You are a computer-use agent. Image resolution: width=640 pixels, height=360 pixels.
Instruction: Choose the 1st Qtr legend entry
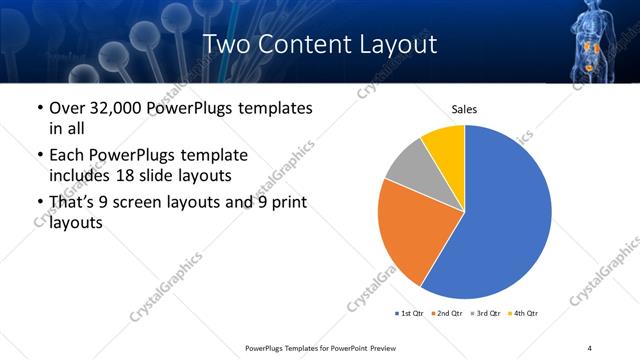tap(410, 314)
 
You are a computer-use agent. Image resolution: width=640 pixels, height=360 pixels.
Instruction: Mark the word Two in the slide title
tap(226, 45)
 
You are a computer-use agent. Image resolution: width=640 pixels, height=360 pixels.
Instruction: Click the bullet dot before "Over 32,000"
tap(38, 108)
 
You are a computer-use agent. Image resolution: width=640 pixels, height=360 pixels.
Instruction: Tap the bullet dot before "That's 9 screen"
tap(38, 202)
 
